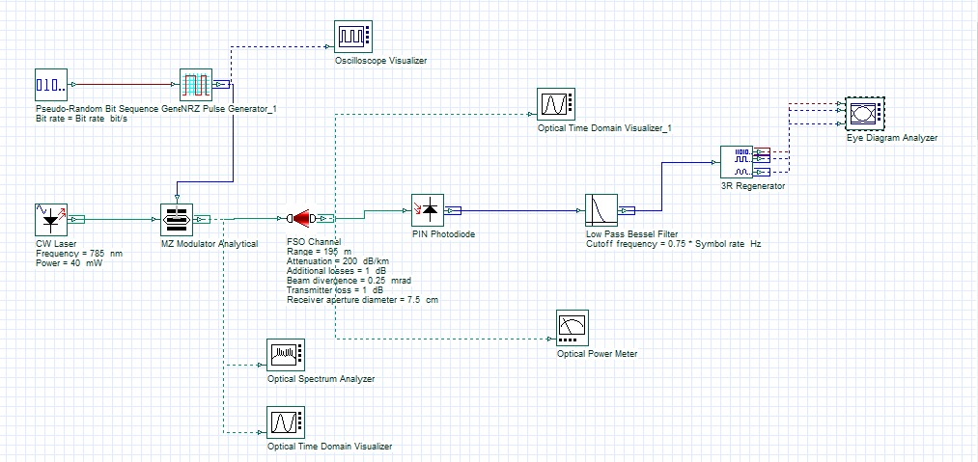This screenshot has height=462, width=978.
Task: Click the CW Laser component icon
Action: point(50,219)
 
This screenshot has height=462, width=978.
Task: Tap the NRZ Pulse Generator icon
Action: point(196,85)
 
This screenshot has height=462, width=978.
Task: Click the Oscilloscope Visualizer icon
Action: point(352,37)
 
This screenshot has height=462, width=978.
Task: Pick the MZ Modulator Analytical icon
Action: point(176,219)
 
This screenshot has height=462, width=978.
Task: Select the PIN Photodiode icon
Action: point(428,209)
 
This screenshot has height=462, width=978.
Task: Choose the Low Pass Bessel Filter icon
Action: point(601,209)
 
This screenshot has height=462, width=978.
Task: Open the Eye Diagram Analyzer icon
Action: point(863,114)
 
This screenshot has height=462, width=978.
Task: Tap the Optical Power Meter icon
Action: point(573,328)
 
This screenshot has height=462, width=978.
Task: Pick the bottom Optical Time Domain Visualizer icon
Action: point(285,422)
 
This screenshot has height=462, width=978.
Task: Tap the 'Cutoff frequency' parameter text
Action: point(673,244)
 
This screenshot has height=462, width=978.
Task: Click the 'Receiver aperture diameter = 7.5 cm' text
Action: point(362,300)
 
